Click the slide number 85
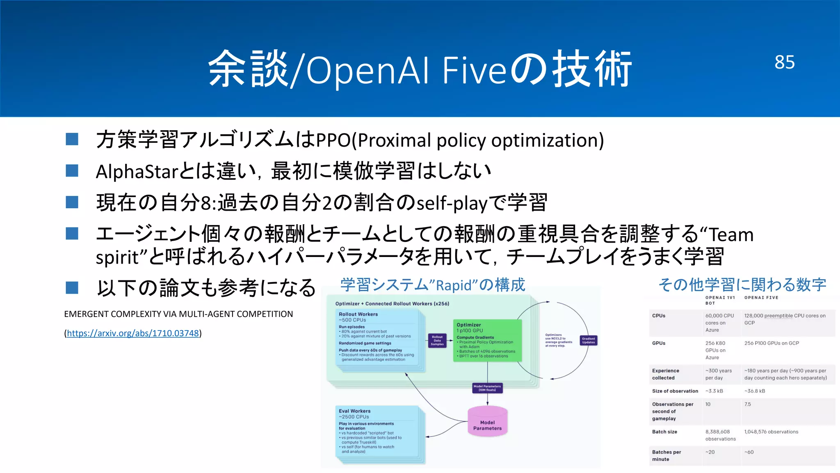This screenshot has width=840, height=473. pyautogui.click(x=784, y=62)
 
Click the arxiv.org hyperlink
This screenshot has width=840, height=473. pyautogui.click(x=133, y=333)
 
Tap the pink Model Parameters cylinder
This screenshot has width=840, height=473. pyautogui.click(x=487, y=423)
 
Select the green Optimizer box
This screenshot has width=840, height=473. pyautogui.click(x=487, y=340)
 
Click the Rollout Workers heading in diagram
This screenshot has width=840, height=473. pyautogui.click(x=358, y=314)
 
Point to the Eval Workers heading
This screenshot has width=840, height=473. pyautogui.click(x=354, y=411)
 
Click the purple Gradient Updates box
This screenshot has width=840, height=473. pyautogui.click(x=588, y=340)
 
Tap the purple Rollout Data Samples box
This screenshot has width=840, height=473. pyautogui.click(x=437, y=340)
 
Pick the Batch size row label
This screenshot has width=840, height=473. pyautogui.click(x=664, y=432)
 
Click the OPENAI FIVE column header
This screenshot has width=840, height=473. pyautogui.click(x=761, y=298)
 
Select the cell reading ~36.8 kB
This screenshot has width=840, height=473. pyautogui.click(x=755, y=391)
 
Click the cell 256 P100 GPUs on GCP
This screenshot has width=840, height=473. pyautogui.click(x=772, y=343)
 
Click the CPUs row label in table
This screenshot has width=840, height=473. pyautogui.click(x=659, y=316)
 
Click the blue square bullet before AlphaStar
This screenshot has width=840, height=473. pyautogui.click(x=72, y=171)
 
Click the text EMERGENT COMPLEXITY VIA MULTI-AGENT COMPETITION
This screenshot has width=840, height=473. pyautogui.click(x=178, y=314)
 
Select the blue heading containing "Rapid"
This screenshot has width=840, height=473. pyautogui.click(x=432, y=285)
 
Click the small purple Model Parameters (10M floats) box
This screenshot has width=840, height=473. pyautogui.click(x=487, y=388)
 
